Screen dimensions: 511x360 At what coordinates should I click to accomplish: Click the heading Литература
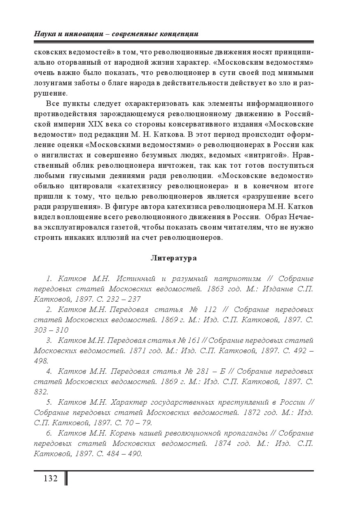pyautogui.click(x=173, y=258)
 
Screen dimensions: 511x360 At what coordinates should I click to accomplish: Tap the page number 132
pyautogui.click(x=50, y=478)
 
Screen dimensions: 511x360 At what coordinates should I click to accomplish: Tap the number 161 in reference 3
pyautogui.click(x=194, y=340)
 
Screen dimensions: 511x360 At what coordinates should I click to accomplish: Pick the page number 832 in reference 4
pyautogui.click(x=40, y=392)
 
